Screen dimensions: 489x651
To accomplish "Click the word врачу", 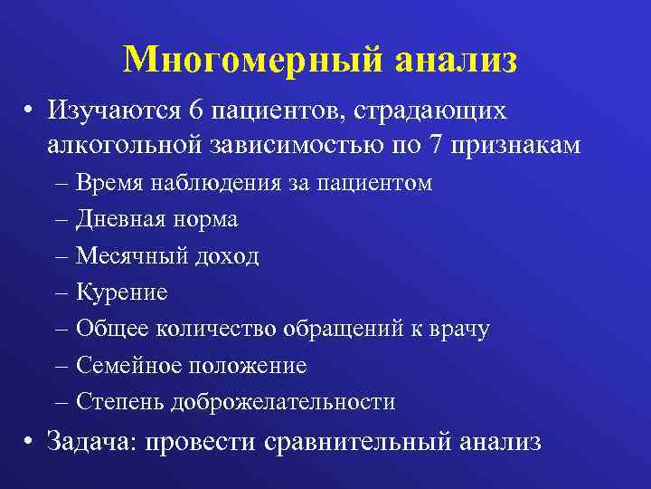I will coord(458,330).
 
